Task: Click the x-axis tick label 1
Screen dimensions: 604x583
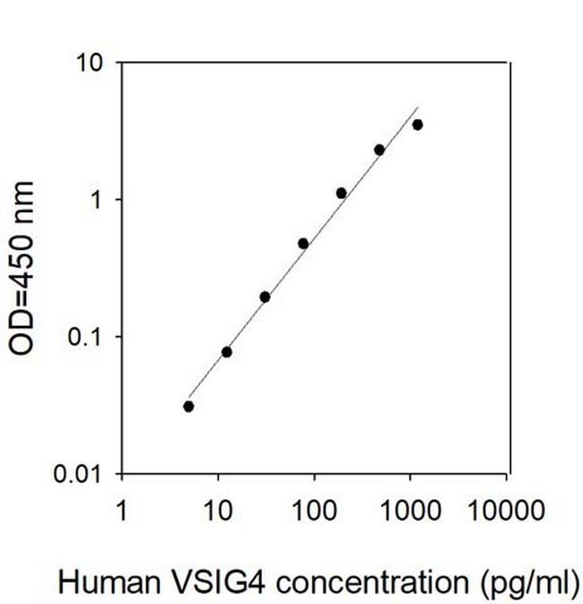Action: [x=122, y=511]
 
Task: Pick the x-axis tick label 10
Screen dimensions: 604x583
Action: [x=218, y=511]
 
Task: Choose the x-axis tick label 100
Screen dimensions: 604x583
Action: [x=314, y=511]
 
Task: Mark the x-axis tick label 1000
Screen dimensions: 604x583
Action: [x=410, y=511]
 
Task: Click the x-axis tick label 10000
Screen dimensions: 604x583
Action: [x=506, y=511]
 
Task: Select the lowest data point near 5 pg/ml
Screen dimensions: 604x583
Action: [x=188, y=406]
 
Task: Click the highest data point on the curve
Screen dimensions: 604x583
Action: [x=417, y=125]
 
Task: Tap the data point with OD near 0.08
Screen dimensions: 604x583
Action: [x=227, y=351]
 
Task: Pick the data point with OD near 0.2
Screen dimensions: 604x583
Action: [x=265, y=297]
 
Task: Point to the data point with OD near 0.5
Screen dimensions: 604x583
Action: [x=303, y=243]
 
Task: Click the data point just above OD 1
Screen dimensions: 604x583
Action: [x=342, y=193]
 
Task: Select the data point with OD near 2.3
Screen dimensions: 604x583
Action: [x=379, y=150]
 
